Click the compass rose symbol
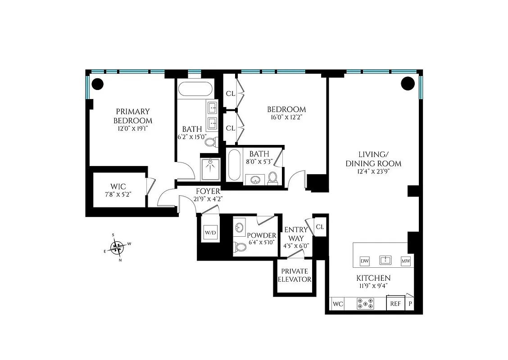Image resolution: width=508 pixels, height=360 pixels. (118, 247)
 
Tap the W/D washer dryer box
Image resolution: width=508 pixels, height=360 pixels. (210, 233)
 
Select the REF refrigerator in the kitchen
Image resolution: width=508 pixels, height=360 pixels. (395, 304)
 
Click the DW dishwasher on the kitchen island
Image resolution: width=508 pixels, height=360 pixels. (365, 261)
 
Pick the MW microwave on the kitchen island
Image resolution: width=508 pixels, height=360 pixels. (405, 261)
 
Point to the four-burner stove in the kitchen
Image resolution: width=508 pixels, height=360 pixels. (365, 304)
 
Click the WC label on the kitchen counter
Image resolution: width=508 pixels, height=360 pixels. (338, 304)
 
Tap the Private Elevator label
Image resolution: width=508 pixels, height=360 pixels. (295, 275)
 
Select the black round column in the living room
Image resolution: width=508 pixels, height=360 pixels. (407, 83)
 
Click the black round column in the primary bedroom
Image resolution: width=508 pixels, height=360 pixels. (97, 84)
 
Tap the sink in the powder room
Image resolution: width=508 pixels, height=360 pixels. (239, 228)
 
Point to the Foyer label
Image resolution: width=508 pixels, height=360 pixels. (208, 191)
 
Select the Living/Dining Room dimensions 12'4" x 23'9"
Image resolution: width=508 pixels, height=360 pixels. (373, 171)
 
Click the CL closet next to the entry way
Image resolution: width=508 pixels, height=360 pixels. (320, 227)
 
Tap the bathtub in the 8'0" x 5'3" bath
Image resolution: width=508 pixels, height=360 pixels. (234, 165)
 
